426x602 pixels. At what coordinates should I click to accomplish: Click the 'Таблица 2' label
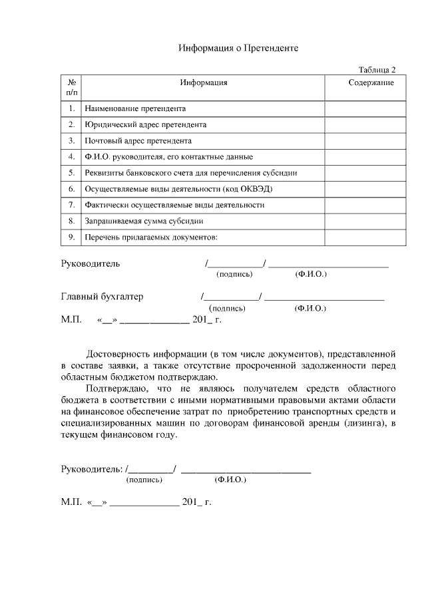coord(377,69)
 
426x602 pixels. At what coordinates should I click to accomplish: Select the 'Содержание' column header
coord(371,82)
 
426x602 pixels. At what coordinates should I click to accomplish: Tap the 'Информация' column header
coord(204,82)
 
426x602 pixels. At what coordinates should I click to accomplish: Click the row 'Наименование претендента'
coord(135,108)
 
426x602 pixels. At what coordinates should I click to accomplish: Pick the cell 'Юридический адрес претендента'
coord(145,124)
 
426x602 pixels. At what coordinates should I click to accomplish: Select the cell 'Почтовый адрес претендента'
coord(138,141)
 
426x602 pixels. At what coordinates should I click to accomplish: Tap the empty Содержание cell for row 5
coord(365,173)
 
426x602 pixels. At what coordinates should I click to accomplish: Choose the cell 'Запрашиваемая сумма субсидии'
coord(144,221)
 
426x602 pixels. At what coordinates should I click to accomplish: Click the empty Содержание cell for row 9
coord(365,237)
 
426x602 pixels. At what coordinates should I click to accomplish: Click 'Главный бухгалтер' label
coord(102,297)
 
